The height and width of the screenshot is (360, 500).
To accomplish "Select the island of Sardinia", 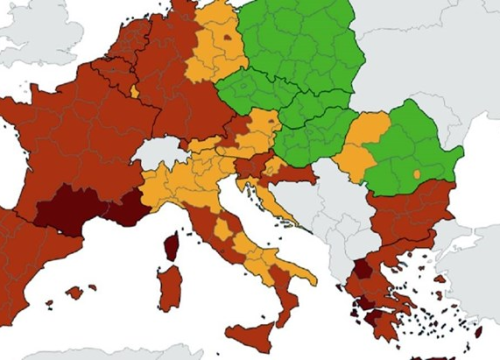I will point(170,288).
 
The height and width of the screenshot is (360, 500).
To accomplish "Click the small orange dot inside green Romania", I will point(415,175).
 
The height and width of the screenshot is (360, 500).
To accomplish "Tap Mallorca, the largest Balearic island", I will point(73,292).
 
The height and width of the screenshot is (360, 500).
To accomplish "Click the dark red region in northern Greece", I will point(363,269).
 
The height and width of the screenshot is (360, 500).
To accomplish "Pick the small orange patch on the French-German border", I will point(134,91).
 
